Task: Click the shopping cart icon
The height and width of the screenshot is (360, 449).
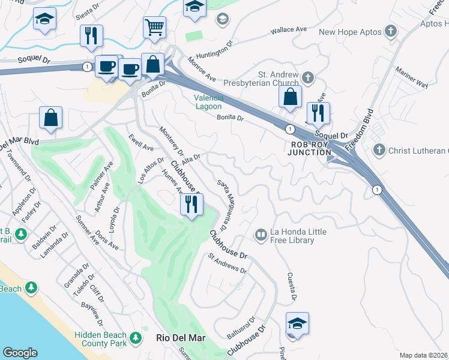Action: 154,27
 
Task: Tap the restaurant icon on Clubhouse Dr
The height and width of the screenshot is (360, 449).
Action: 191,205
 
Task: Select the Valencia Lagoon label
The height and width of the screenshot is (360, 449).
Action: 209,102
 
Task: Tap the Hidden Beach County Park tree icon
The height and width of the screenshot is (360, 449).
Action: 136,338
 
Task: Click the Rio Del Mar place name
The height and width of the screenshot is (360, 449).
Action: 181,338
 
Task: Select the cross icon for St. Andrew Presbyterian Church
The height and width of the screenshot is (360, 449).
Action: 308,77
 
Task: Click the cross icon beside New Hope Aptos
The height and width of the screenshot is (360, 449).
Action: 391,31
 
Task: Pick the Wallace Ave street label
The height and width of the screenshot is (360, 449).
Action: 288,29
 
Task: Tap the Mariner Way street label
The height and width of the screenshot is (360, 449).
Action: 412,78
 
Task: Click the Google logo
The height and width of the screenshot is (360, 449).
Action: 20,353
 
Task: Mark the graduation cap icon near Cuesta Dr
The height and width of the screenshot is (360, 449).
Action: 297,323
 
